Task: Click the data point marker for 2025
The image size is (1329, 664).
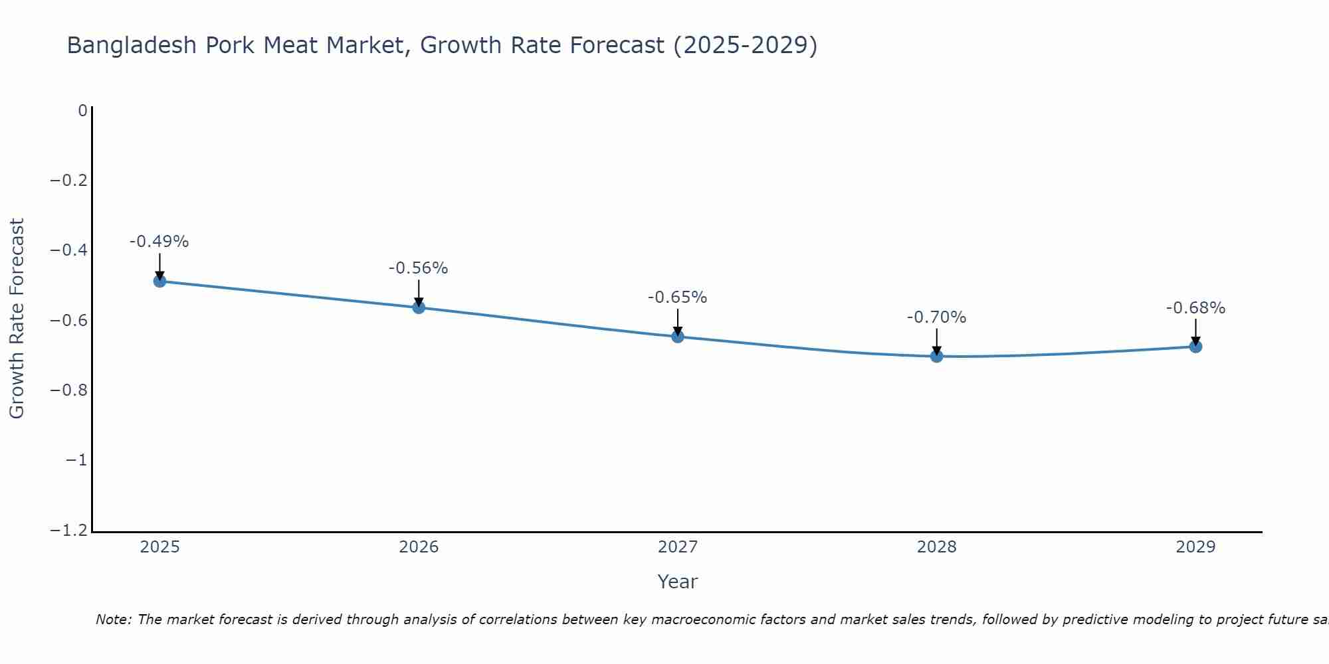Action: click(159, 281)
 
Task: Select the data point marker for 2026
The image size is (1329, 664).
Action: click(419, 307)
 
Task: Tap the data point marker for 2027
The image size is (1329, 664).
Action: click(678, 337)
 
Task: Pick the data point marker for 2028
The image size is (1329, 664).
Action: click(936, 356)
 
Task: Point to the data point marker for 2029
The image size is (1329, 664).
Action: click(1195, 347)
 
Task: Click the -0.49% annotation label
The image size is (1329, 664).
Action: click(159, 242)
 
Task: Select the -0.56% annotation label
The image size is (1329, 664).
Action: click(418, 268)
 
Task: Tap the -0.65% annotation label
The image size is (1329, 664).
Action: click(677, 297)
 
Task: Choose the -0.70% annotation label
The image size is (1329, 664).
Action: click(936, 317)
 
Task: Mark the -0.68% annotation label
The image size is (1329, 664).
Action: click(1195, 308)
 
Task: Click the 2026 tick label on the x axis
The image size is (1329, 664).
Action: click(419, 547)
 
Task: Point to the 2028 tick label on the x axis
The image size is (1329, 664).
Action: click(936, 547)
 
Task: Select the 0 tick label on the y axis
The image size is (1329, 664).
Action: click(82, 110)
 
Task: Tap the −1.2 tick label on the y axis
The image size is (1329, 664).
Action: click(69, 531)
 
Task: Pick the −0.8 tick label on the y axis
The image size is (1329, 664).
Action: click(69, 390)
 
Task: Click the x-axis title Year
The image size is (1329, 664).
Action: click(677, 582)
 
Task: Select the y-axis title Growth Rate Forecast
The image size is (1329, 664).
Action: click(17, 319)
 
